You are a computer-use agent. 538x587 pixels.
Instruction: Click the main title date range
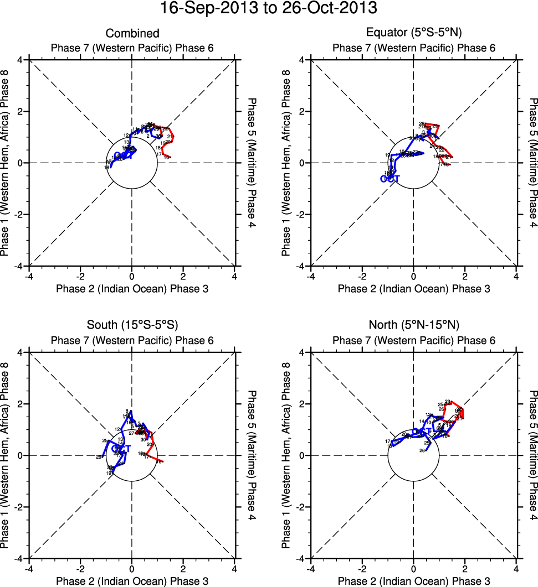[269, 9]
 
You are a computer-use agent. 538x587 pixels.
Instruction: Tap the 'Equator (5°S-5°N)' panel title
[413, 34]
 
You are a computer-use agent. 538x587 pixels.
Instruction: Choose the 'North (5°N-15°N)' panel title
[413, 325]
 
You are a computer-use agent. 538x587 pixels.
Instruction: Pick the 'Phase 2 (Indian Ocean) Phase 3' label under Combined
[132, 288]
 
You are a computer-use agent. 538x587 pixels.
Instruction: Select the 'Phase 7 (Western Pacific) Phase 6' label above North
[413, 340]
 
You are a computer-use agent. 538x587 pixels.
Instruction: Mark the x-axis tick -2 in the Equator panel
[362, 276]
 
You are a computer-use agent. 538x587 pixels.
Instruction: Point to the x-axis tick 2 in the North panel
[465, 569]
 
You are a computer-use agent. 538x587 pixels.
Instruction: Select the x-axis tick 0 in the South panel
[132, 569]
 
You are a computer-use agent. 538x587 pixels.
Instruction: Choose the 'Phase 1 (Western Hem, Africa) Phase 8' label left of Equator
[286, 163]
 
